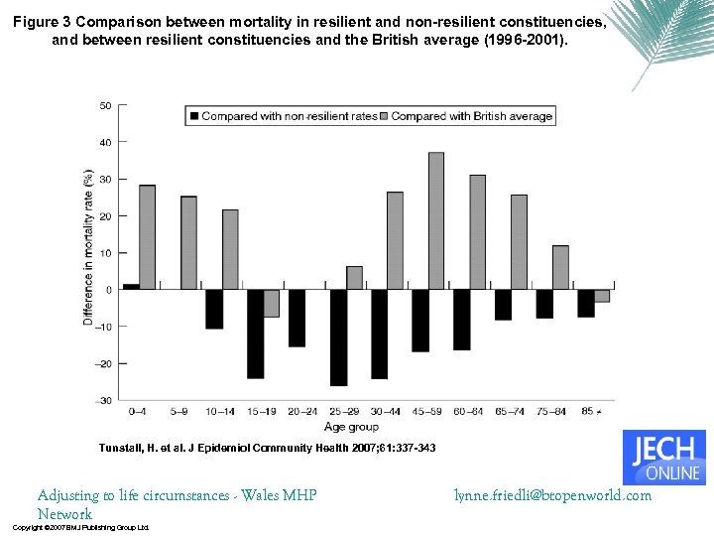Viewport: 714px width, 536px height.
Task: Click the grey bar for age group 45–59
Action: click(436, 220)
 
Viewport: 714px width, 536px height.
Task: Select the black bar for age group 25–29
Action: click(338, 337)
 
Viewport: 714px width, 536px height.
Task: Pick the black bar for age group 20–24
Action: click(297, 318)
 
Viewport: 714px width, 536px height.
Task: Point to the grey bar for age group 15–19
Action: click(271, 303)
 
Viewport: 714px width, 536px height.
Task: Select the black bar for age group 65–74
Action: click(503, 305)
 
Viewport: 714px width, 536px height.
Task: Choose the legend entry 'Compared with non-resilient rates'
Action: click(289, 116)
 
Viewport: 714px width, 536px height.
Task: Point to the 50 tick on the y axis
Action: click(105, 105)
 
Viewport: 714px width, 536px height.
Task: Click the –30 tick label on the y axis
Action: click(103, 400)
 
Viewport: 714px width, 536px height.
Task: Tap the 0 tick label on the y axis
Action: click(108, 290)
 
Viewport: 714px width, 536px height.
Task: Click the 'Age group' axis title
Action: click(352, 427)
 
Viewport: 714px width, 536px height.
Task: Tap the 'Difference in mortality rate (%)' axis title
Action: click(88, 246)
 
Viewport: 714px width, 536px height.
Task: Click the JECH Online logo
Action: click(663, 457)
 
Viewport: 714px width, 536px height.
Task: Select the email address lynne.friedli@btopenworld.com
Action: click(552, 494)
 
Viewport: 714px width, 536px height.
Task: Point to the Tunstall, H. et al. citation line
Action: click(267, 449)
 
